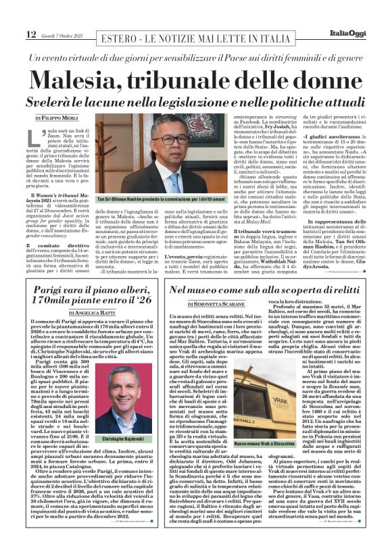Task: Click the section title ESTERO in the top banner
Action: [117, 35]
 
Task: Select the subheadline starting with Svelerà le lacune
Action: [195, 103]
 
